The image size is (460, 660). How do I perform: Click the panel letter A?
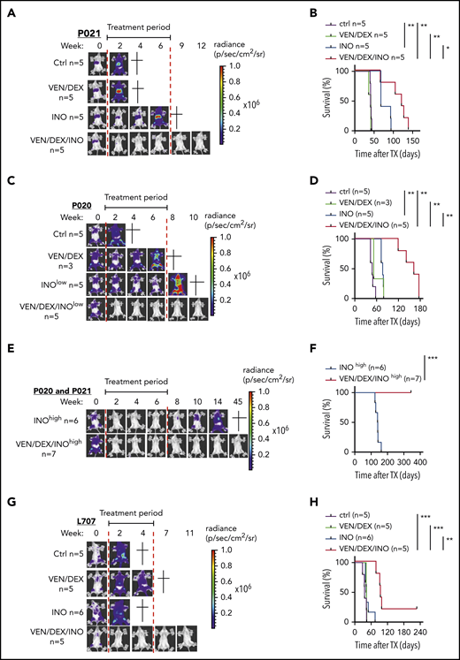coord(6,7)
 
